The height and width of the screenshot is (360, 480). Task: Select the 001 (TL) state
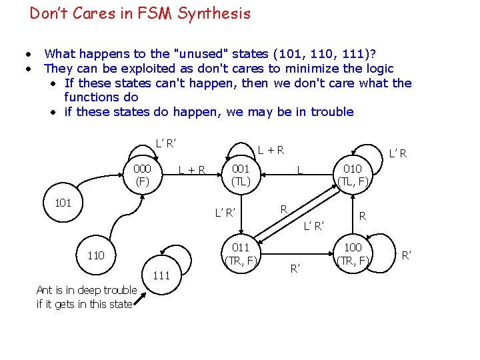(x=241, y=174)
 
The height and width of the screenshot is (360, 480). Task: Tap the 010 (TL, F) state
(x=353, y=174)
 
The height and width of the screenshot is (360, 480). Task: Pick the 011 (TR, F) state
(x=241, y=254)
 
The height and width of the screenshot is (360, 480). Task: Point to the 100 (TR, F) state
(x=353, y=254)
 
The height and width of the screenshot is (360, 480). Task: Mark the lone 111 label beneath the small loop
(x=161, y=275)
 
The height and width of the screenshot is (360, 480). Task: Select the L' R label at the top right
(x=398, y=154)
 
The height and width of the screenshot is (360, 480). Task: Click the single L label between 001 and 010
(x=300, y=169)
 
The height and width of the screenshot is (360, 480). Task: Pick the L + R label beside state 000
(x=192, y=169)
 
